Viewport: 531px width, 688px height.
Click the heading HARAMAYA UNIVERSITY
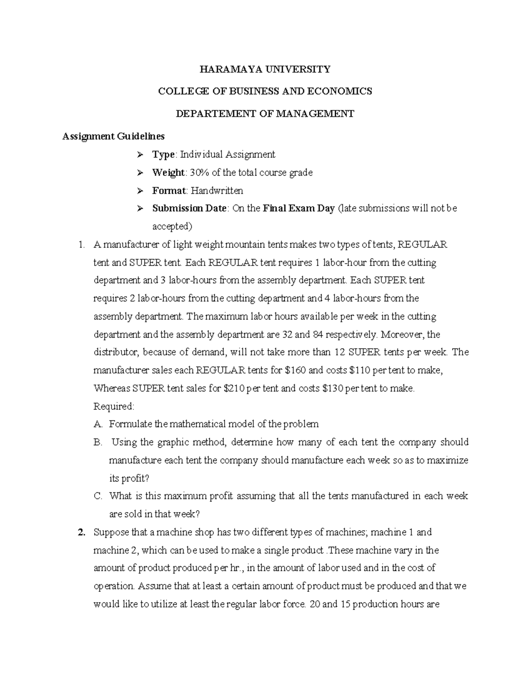point(265,69)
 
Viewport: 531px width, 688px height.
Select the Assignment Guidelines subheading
point(113,136)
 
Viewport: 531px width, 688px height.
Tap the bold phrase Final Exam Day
point(299,208)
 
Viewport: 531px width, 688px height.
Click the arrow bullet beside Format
point(140,191)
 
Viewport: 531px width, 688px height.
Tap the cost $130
point(332,389)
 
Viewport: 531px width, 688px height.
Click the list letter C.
point(98,496)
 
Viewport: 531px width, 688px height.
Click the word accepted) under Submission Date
point(173,226)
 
